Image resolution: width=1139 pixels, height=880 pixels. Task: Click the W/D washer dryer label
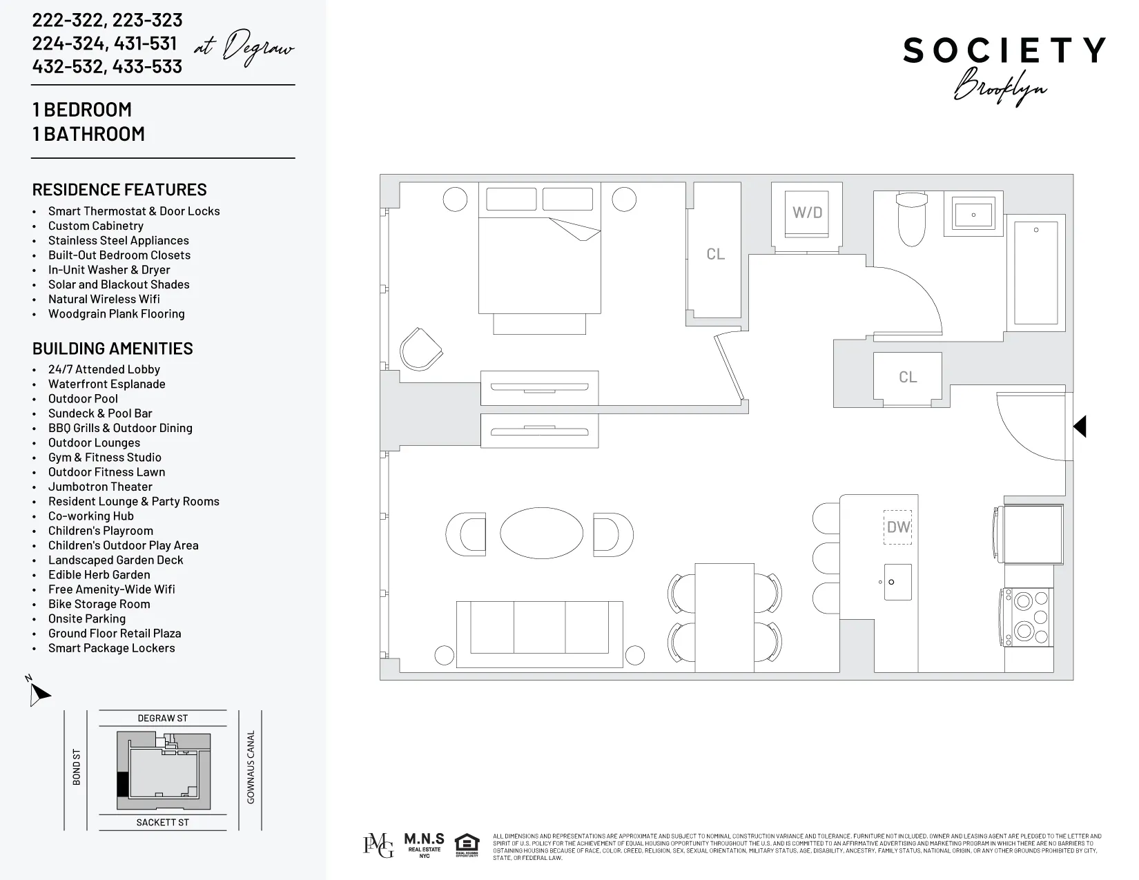point(807,213)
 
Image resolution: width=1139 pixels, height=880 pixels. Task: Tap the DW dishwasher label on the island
point(898,527)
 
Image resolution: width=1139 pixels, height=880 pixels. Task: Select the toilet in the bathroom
point(911,219)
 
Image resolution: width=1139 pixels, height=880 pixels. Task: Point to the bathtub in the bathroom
point(1035,272)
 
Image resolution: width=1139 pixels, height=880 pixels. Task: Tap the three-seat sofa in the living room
point(539,627)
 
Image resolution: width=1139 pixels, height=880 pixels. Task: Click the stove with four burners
point(1028,616)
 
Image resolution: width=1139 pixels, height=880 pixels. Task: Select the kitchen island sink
point(897,582)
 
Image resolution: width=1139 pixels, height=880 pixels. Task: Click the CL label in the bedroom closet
point(715,255)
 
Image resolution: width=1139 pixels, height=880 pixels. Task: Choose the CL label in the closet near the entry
point(908,378)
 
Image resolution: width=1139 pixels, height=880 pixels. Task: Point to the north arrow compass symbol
point(39,692)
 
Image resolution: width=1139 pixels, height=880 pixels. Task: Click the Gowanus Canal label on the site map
point(251,767)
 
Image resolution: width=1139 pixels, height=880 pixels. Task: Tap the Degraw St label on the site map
point(162,718)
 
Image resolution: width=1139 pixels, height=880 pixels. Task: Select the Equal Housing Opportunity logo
point(467,845)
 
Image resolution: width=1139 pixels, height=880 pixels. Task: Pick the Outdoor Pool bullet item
point(83,399)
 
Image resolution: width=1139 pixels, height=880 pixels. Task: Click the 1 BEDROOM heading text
point(82,110)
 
